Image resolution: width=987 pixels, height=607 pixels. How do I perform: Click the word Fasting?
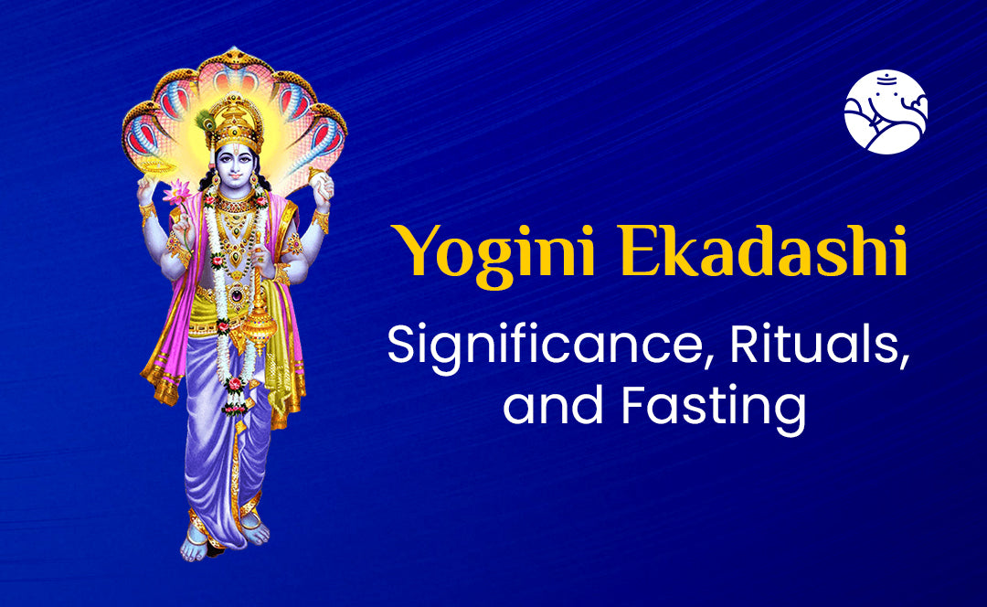[x=715, y=406]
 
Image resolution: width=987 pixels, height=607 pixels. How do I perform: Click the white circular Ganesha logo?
[x=886, y=111]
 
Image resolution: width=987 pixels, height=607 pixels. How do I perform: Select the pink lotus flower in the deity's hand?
[x=176, y=194]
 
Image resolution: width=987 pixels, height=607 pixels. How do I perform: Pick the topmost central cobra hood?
[x=236, y=69]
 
